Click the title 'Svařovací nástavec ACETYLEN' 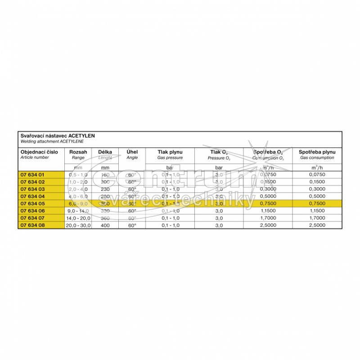click(x=57, y=135)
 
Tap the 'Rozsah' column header click(x=78, y=152)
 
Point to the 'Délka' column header click(x=105, y=152)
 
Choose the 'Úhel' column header click(x=132, y=152)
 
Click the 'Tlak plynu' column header click(x=170, y=152)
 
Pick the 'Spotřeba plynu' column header click(x=316, y=152)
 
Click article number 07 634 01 click(x=33, y=175)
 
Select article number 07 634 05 click(x=33, y=203)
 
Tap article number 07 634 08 click(x=33, y=225)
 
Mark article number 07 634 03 click(x=33, y=189)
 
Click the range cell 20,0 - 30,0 click(x=78, y=225)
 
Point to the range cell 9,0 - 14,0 click(x=78, y=210)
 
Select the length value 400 click(x=105, y=225)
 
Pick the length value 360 click(x=105, y=217)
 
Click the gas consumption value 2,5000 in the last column click(x=316, y=225)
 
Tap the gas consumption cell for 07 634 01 click(x=316, y=175)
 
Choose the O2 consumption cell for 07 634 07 click(x=268, y=217)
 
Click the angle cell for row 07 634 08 click(x=132, y=225)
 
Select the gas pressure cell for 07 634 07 click(x=170, y=217)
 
